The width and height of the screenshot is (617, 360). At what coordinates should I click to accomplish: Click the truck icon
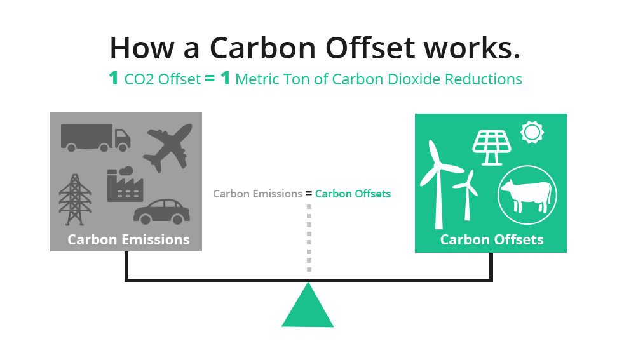click(95, 138)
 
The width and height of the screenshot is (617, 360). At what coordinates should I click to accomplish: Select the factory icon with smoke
click(125, 185)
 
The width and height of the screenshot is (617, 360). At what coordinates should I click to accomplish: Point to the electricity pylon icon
click(75, 199)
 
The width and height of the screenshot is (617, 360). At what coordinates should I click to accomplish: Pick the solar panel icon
click(491, 145)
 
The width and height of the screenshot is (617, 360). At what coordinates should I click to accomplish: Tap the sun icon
click(532, 132)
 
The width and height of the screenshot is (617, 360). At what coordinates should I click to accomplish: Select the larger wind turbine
click(438, 183)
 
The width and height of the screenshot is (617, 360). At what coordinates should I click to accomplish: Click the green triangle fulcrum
click(308, 307)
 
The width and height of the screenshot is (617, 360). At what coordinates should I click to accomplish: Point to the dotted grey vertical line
click(309, 238)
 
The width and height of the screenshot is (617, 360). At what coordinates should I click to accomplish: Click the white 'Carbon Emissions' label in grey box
click(128, 239)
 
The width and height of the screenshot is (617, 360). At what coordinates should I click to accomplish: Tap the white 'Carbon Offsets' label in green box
click(492, 239)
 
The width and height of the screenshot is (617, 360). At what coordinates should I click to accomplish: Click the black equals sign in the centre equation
click(309, 194)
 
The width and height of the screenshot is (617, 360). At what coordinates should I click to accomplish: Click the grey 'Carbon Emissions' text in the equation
click(257, 194)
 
